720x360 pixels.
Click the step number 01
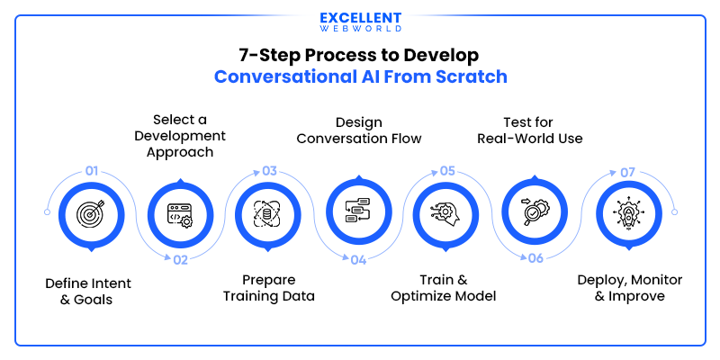(x=91, y=171)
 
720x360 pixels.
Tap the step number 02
(x=180, y=260)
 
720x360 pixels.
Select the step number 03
(x=269, y=171)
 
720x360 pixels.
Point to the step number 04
(x=357, y=260)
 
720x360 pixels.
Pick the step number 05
(x=447, y=171)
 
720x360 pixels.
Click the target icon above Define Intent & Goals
(x=91, y=213)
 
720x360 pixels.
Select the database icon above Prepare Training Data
(x=268, y=213)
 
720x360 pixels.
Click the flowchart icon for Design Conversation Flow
(x=358, y=213)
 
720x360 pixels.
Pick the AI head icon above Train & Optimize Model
(x=446, y=213)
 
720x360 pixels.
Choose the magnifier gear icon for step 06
(x=535, y=213)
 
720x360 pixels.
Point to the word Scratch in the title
(x=471, y=77)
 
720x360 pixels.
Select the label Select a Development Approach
(x=180, y=135)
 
